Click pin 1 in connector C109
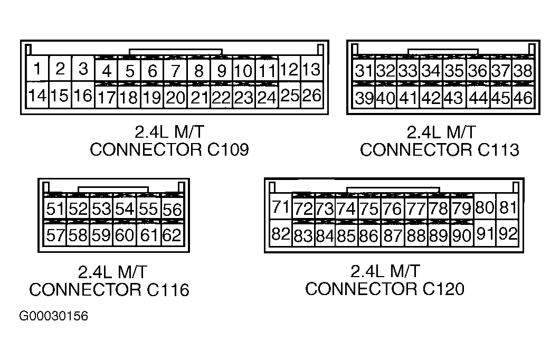click(37, 68)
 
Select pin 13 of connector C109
click(312, 69)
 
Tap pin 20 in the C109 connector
click(175, 97)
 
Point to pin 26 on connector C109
click(312, 95)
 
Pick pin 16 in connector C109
click(83, 95)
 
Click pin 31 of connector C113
click(364, 70)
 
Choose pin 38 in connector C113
click(523, 70)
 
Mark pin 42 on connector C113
click(432, 97)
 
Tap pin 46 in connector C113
click(523, 97)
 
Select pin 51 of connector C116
click(55, 209)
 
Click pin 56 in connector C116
click(172, 209)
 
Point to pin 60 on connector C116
click(125, 235)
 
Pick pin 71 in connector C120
click(281, 207)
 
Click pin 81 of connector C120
click(508, 207)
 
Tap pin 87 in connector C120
click(393, 235)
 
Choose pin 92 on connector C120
click(508, 233)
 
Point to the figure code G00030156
click(53, 316)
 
